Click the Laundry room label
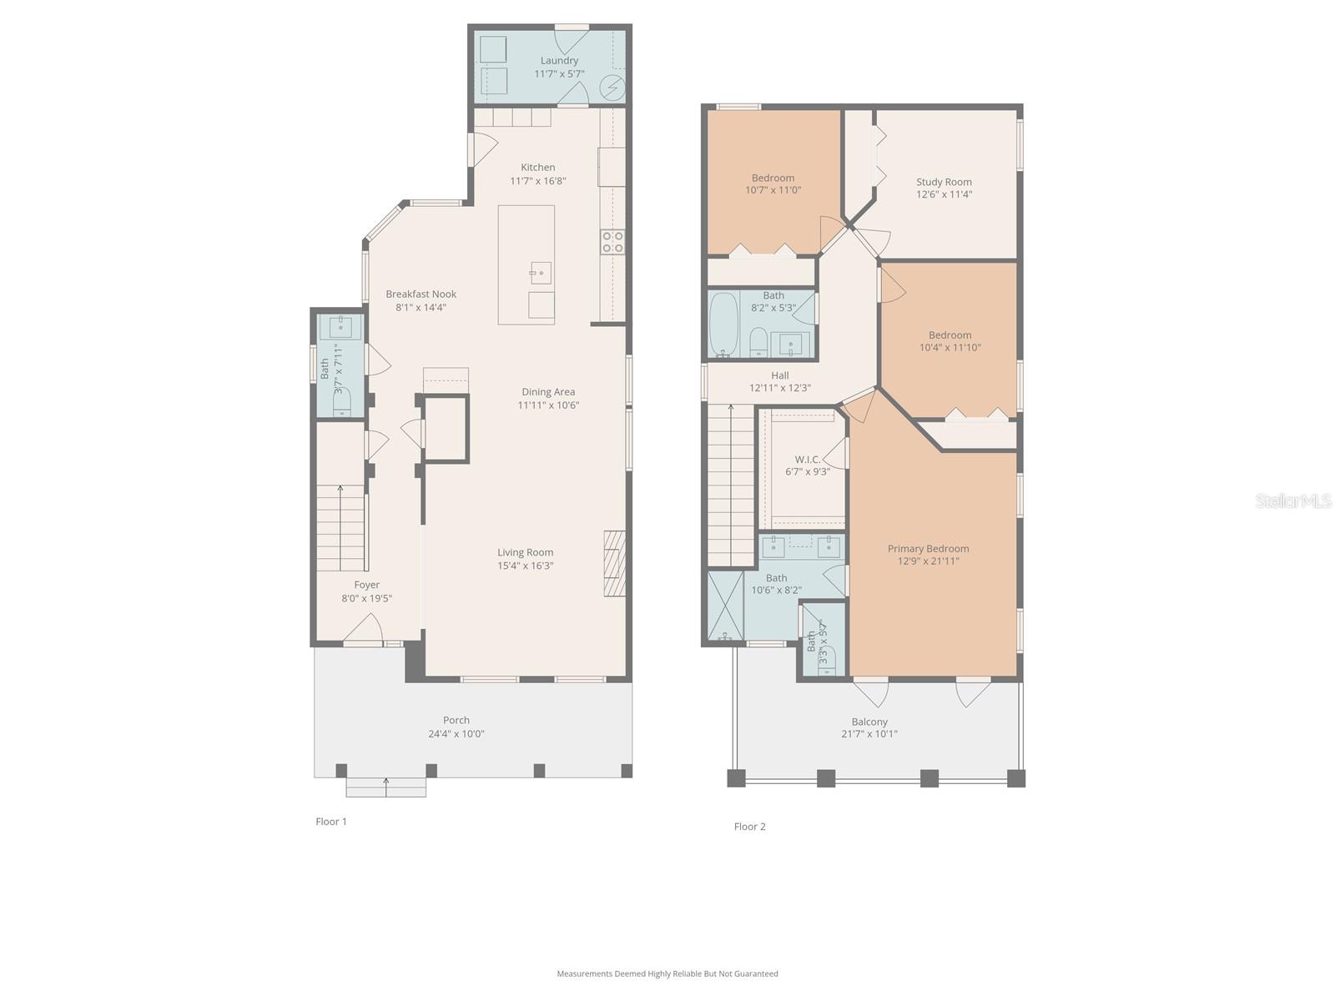(559, 60)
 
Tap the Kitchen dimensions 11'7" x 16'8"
(538, 181)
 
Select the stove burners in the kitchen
(612, 242)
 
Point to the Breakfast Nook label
(421, 294)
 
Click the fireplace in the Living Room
(615, 563)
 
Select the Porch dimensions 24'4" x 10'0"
(456, 734)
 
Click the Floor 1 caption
(331, 822)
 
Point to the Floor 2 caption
(749, 827)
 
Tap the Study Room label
(944, 182)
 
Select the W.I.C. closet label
(807, 460)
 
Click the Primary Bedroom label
(928, 549)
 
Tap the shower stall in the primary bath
(725, 606)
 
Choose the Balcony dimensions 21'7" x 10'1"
(869, 735)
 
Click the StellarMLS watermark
(1292, 500)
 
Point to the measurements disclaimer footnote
(667, 973)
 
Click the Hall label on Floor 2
(779, 375)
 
